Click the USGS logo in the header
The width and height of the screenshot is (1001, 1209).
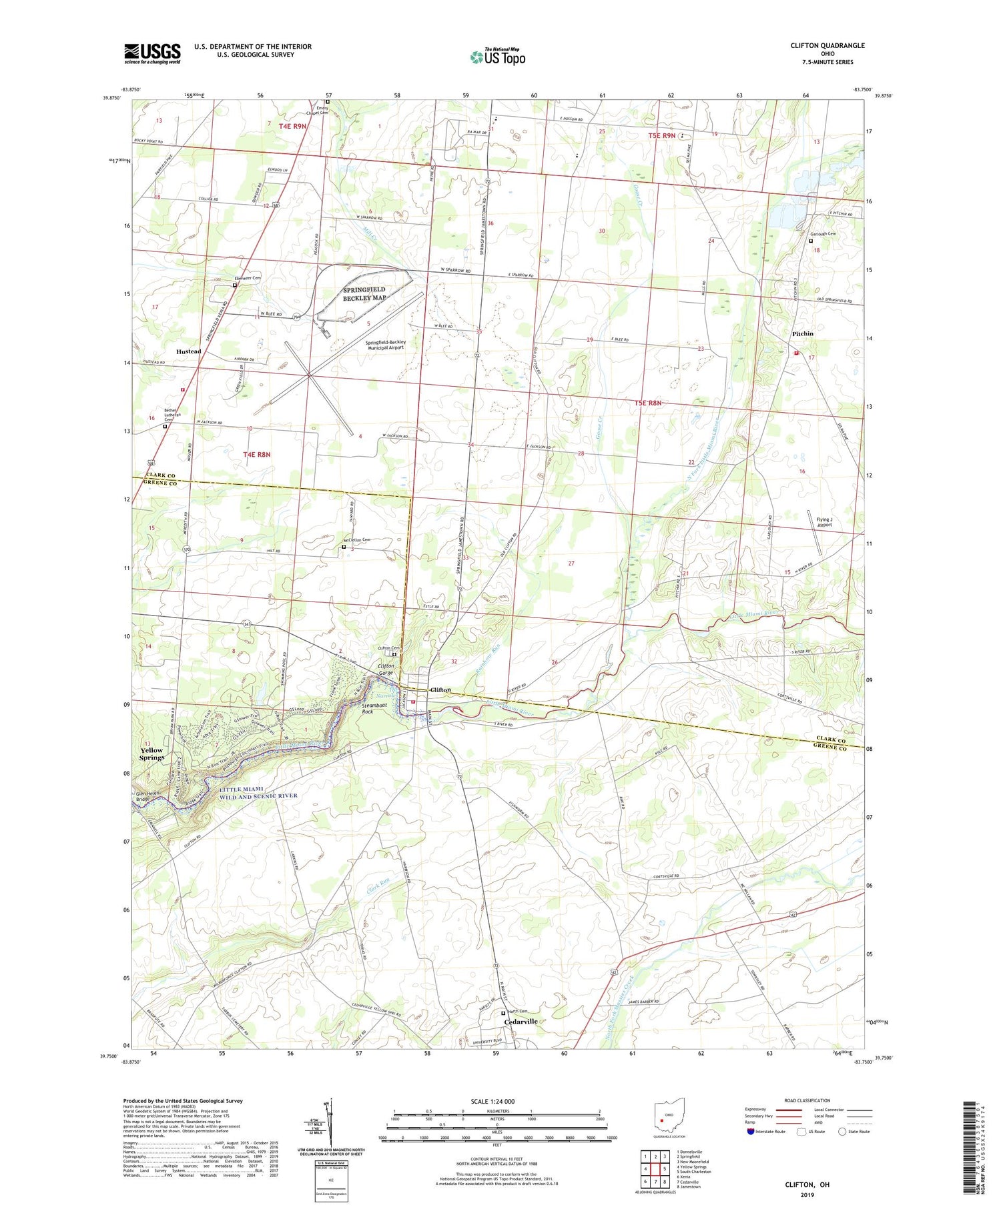point(152,53)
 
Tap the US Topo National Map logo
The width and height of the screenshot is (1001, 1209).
point(497,57)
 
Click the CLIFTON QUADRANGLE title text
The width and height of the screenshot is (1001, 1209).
point(827,45)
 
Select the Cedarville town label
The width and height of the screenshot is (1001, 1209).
point(521,1022)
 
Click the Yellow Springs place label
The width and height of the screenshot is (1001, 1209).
point(151,754)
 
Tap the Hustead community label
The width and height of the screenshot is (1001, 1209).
point(188,351)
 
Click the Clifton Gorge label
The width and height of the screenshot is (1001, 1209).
point(386,669)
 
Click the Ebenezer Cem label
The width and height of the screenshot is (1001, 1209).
point(247,278)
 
